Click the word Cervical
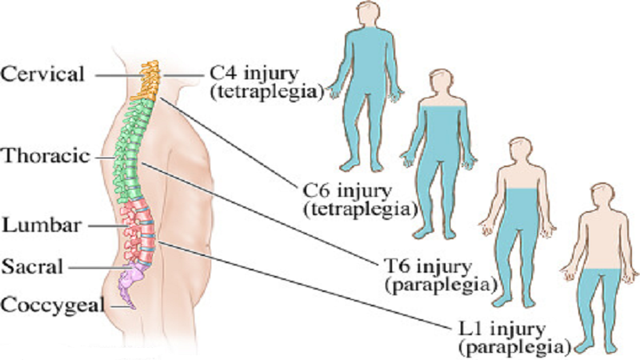tap(42, 74)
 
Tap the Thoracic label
tap(46, 156)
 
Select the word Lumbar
tap(42, 226)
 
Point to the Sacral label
tap(33, 267)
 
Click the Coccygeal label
tap(52, 306)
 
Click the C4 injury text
tap(254, 74)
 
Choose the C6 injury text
tap(347, 190)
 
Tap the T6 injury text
tap(428, 266)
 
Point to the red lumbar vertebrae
tap(138, 230)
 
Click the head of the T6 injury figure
tap(520, 151)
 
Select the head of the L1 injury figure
tap(602, 197)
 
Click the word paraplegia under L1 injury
tap(514, 347)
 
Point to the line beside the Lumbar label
tap(108, 226)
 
